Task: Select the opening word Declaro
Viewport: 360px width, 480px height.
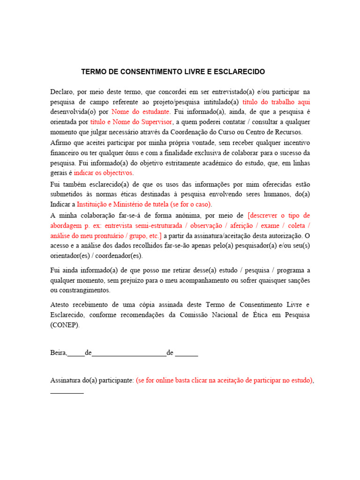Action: (x=62, y=91)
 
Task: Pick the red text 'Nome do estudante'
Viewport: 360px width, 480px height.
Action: (x=141, y=112)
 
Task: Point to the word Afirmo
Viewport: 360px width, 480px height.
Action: (x=61, y=142)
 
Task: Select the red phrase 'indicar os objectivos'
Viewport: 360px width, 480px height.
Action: (x=103, y=173)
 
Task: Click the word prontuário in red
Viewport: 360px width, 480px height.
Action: (x=111, y=236)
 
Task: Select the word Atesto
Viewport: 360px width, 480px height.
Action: (x=60, y=305)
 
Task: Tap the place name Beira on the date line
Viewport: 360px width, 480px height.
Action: (x=58, y=353)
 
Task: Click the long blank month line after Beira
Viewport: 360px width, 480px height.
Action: (x=129, y=355)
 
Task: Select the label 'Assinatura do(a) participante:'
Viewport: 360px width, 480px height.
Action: (x=92, y=381)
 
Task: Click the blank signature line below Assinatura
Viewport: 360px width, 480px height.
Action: (x=67, y=392)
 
